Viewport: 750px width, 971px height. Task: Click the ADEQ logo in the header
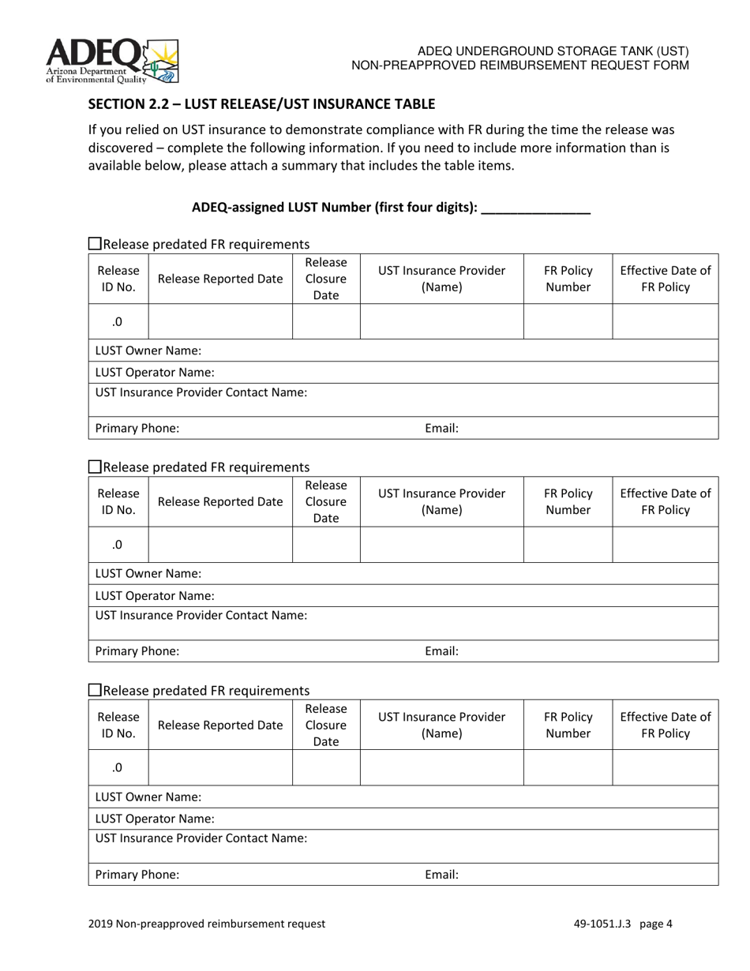click(111, 61)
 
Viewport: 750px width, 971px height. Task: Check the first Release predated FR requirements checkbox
click(95, 244)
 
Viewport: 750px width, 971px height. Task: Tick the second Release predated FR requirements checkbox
click(95, 467)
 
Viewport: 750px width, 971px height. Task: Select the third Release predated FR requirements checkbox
click(95, 690)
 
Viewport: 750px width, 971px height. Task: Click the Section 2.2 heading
click(261, 104)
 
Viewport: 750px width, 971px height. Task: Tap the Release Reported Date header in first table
click(220, 278)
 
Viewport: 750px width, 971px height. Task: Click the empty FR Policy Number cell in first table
click(568, 321)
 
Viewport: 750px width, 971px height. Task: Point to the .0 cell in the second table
click(118, 545)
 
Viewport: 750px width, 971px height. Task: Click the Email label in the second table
click(442, 651)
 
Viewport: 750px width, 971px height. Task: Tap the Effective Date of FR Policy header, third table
click(665, 724)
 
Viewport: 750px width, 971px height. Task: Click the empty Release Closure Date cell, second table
click(326, 545)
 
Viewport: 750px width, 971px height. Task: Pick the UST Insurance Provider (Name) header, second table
click(441, 501)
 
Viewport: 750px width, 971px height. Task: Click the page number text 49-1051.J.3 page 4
click(623, 924)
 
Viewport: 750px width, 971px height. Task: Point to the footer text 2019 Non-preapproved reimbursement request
click(207, 924)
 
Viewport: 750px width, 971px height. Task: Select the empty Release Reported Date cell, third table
click(220, 767)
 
